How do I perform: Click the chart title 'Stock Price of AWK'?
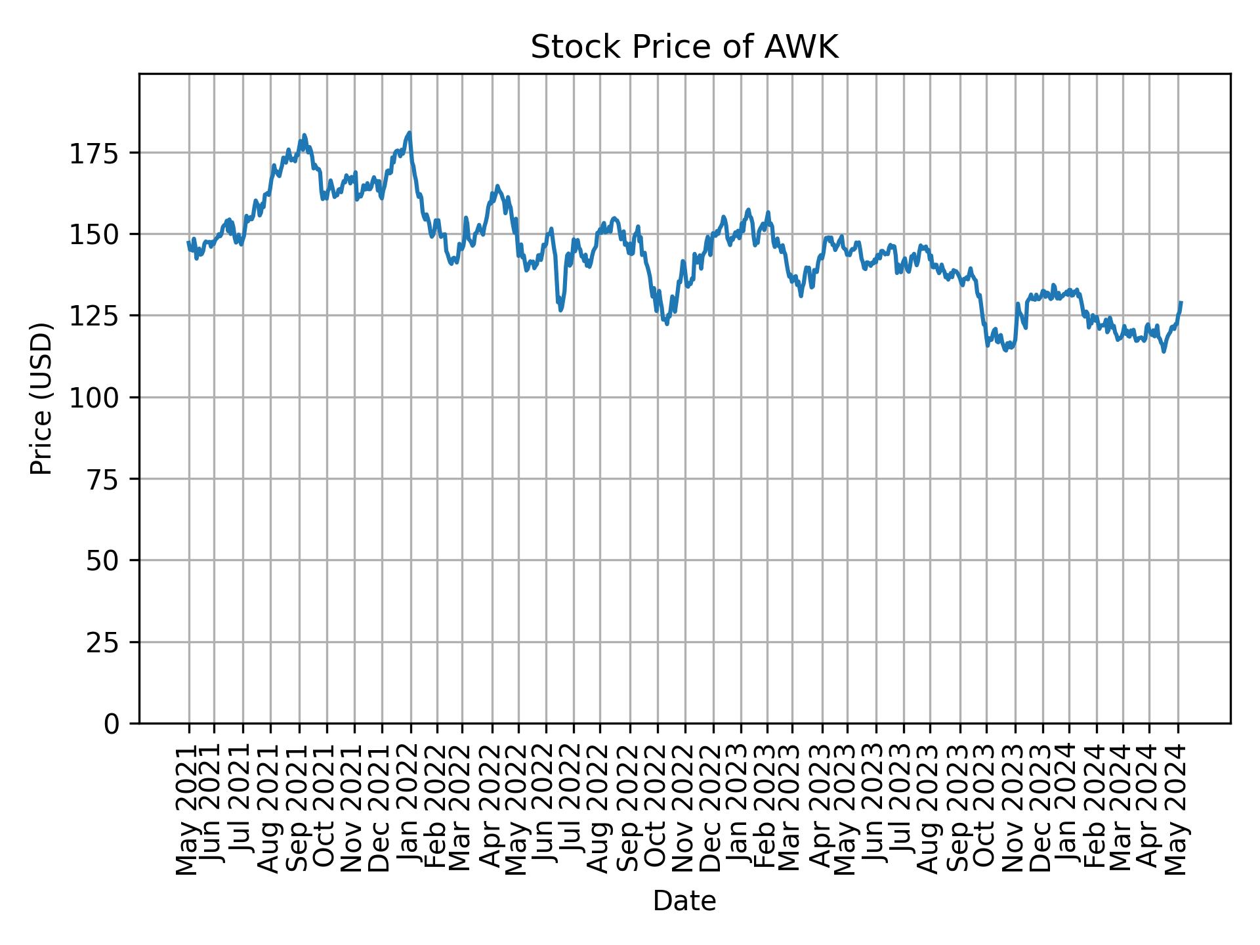coord(684,48)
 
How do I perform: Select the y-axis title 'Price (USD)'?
coord(41,398)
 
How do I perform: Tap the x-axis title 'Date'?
coord(684,902)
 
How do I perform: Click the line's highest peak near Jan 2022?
coord(409,133)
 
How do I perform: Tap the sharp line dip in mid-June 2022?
coord(560,310)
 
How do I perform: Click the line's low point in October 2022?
coord(667,324)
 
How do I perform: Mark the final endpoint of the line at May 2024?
coord(1181,303)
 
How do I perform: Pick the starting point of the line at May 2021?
coord(188,242)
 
